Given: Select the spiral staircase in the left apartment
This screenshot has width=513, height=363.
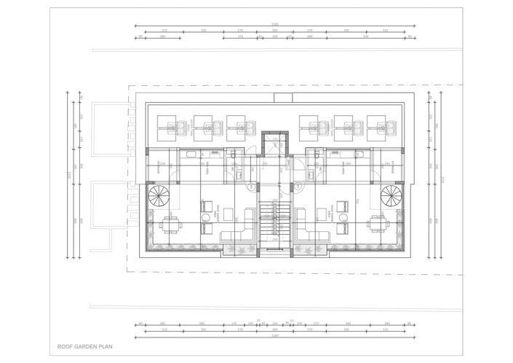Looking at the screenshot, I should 159,195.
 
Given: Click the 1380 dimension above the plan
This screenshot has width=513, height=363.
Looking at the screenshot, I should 274,25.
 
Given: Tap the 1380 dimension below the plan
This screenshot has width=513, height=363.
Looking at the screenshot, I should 274,337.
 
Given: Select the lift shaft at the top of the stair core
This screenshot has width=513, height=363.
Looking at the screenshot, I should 274,143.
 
